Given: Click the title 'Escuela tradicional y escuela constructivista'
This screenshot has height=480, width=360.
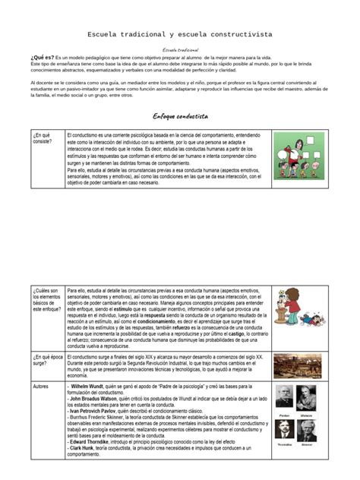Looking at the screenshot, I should point(180,35).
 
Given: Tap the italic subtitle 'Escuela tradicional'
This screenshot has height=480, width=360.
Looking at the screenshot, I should point(180,49).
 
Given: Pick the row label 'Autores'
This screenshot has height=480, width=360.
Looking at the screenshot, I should point(41,387).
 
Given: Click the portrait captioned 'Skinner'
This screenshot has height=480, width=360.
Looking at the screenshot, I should point(306,430).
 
